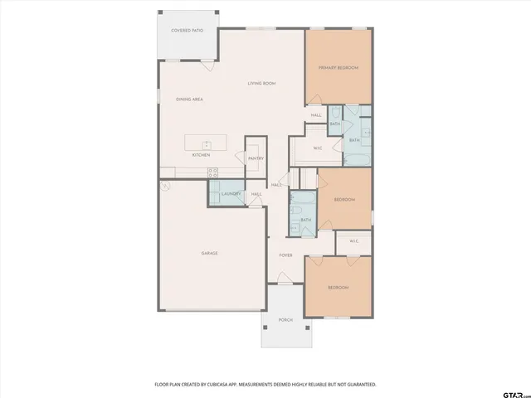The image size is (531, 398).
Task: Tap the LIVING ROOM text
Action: [261, 84]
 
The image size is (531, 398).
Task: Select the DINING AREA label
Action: [189, 99]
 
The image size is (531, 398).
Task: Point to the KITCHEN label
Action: [201, 155]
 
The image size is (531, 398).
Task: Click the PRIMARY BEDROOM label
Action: [338, 68]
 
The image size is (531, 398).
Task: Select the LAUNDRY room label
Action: [231, 194]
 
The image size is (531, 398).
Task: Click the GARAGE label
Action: [210, 253]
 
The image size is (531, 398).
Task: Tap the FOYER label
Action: [285, 255]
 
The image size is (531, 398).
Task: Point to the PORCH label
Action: [285, 319]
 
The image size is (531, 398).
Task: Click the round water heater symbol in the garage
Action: [166, 187]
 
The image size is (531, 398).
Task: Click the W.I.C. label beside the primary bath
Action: [317, 148]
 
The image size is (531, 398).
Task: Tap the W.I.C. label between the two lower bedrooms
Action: [353, 241]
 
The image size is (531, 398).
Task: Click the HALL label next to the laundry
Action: [256, 194]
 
